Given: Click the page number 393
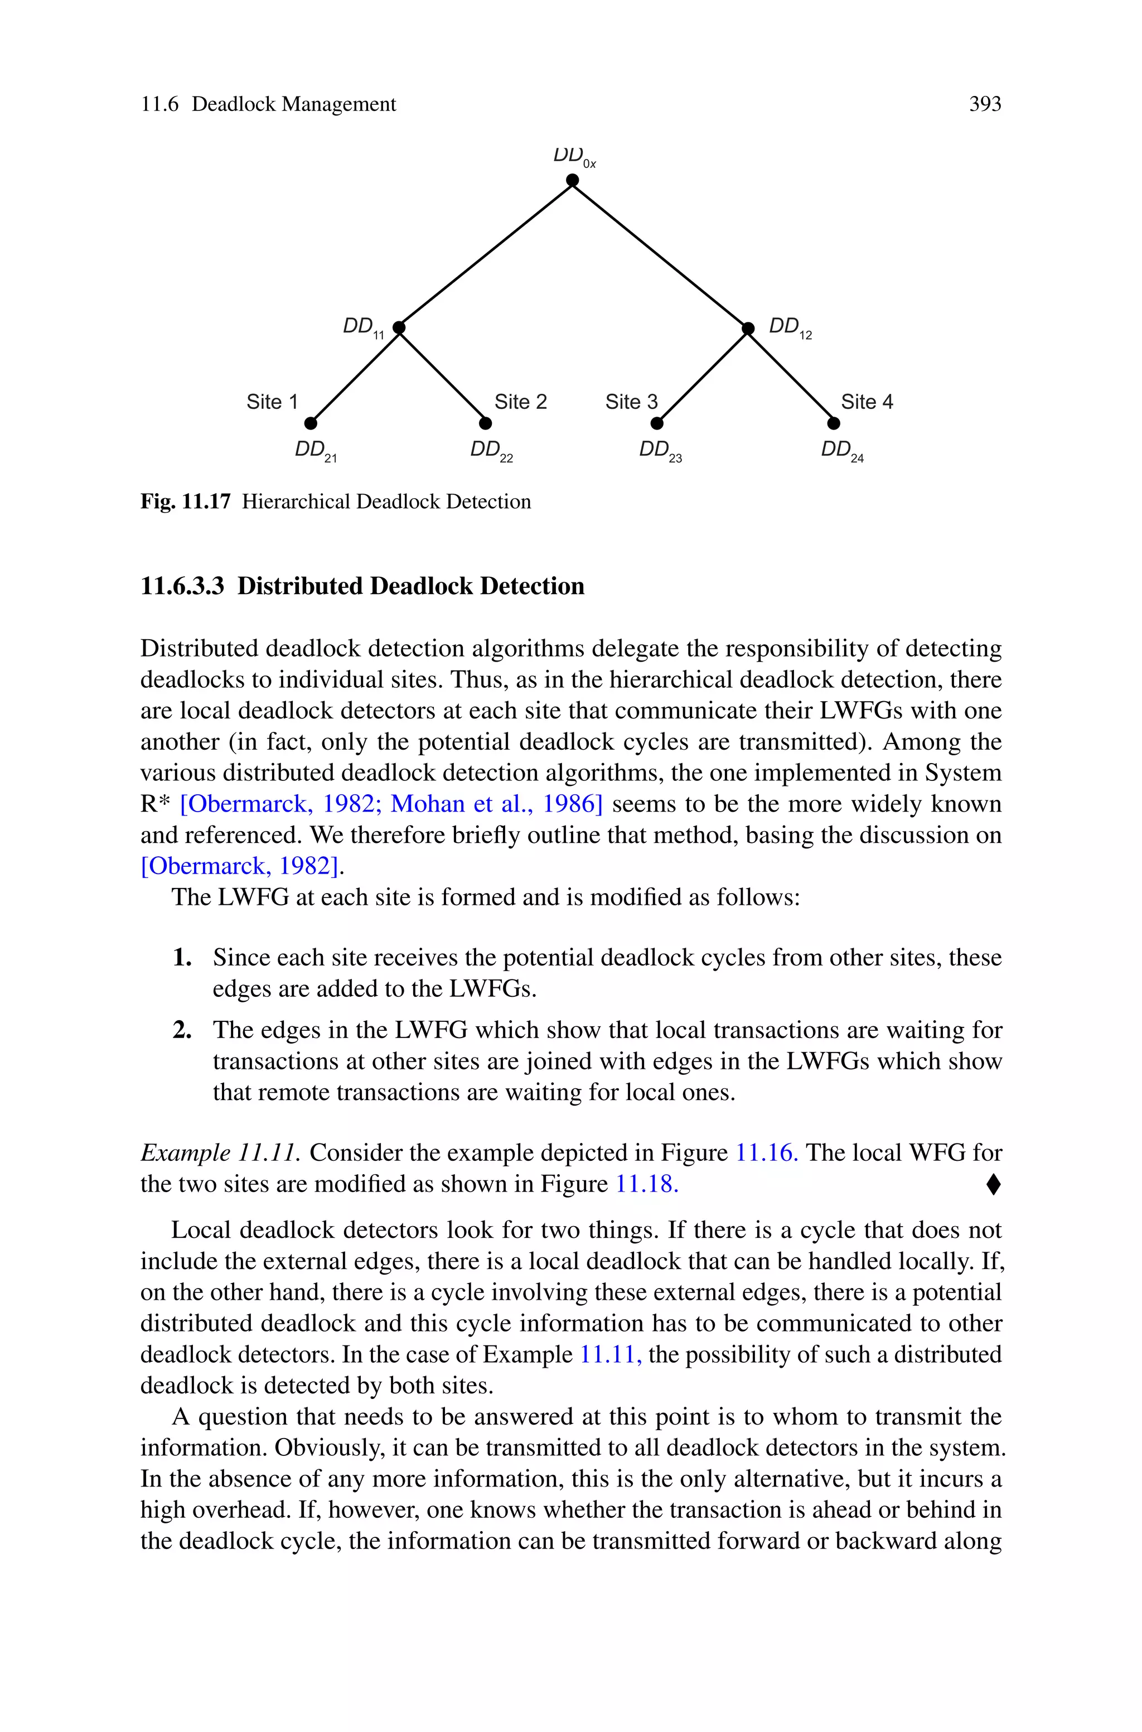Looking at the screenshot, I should (985, 104).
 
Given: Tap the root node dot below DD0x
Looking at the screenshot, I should (573, 180).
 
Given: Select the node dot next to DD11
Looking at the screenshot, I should (398, 328).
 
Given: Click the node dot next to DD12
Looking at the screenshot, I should (748, 329).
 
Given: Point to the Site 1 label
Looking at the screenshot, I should (272, 402).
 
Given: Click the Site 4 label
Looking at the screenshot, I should (867, 402).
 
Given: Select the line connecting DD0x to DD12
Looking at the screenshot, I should (660, 254).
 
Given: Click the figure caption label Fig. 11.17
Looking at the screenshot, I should (185, 502).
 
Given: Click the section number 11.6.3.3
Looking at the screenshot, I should (182, 586).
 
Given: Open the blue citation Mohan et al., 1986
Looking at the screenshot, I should (495, 804).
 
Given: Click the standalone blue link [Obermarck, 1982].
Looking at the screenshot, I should (240, 866).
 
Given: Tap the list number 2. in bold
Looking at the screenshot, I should (182, 1030).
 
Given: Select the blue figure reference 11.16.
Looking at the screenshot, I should (766, 1153).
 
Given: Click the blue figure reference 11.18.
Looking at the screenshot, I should (647, 1184).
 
